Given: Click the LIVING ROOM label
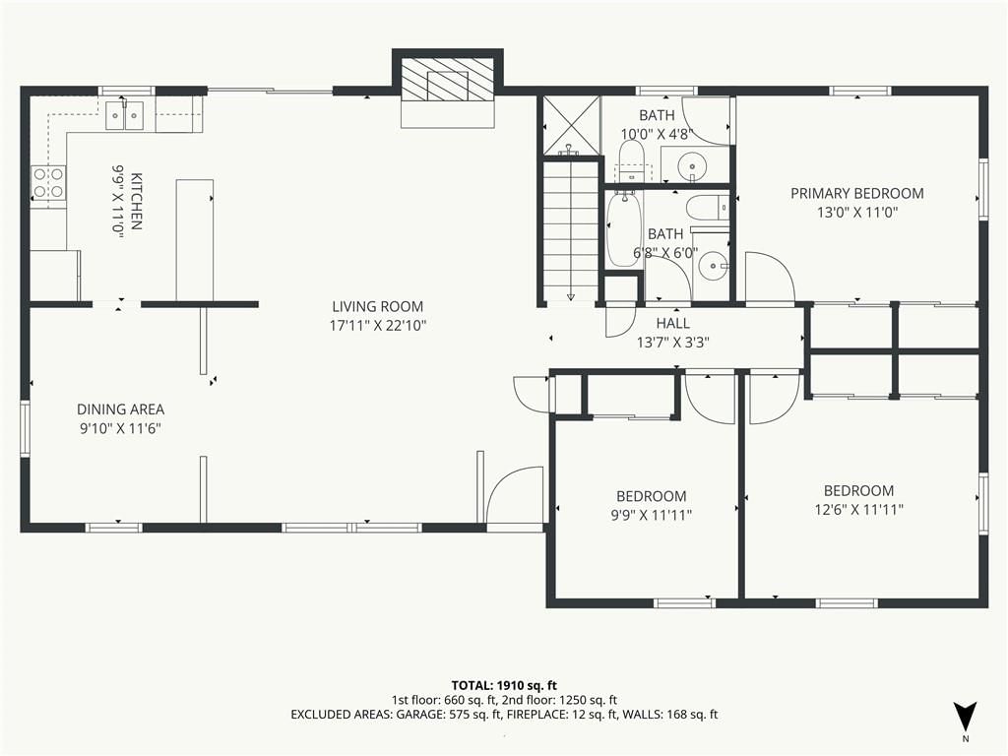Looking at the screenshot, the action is tap(378, 307).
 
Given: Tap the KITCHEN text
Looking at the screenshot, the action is tap(136, 201).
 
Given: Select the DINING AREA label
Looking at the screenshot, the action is tap(121, 409).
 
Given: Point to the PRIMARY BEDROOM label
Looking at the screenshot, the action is tap(857, 193).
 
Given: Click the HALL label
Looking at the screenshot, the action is tap(673, 323).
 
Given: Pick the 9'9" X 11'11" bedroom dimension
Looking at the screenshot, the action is tap(652, 515).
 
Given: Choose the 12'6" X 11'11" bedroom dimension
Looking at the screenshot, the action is tap(858, 510).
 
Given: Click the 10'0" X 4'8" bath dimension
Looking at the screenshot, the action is tap(657, 134).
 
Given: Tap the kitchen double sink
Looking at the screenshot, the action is tap(124, 115).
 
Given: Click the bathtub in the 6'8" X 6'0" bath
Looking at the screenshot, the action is tap(623, 228).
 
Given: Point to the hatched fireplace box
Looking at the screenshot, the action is tap(448, 79).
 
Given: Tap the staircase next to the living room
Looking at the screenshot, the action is tap(571, 230).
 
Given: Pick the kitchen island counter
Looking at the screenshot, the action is tap(194, 240).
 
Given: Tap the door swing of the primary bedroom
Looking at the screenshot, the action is tap(770, 277).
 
